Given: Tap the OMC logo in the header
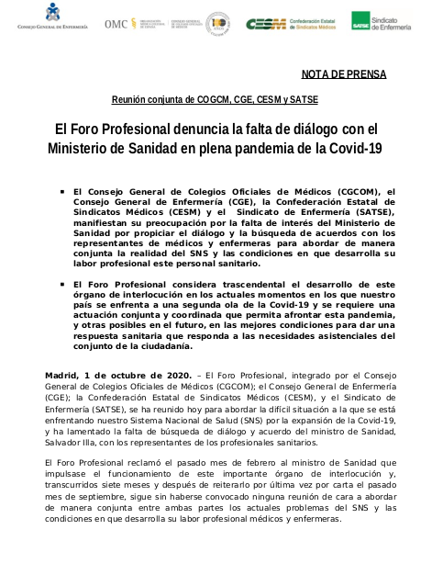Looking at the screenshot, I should click(118, 23).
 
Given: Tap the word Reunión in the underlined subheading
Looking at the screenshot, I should click(133, 98).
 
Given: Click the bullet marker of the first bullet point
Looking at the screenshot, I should click(61, 192).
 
